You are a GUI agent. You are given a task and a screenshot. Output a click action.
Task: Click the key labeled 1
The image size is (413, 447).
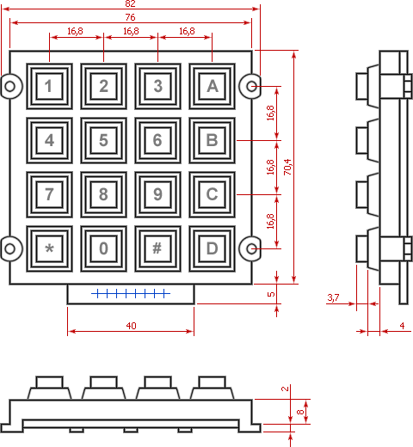49,86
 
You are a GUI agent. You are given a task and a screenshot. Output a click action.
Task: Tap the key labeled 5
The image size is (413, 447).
103,140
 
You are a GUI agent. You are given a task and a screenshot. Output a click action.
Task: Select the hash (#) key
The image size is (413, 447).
157,248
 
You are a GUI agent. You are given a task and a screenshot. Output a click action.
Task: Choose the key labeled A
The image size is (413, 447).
212,86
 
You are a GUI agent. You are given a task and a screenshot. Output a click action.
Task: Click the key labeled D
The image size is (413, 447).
212,248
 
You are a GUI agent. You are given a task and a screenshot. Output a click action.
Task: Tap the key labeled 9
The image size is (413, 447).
157,194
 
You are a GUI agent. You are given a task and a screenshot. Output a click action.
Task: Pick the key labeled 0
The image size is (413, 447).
103,248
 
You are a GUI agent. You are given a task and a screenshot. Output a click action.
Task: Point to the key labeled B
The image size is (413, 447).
212,140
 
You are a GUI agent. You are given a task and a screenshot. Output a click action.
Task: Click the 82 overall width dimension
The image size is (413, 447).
130,3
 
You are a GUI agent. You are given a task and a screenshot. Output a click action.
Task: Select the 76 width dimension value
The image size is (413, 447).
130,17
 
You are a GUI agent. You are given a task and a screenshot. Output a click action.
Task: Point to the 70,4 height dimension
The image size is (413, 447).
287,167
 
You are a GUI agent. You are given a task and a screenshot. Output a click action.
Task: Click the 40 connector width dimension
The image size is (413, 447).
131,326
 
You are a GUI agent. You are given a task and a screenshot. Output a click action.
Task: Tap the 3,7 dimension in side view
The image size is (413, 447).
333,297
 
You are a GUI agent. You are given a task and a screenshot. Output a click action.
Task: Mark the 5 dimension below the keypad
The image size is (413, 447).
271,294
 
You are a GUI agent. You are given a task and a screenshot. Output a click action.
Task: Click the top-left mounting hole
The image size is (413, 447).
10,86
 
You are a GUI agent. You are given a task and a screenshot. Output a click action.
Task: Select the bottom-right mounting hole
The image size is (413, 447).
251,248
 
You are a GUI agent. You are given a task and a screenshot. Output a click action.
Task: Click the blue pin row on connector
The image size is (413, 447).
131,293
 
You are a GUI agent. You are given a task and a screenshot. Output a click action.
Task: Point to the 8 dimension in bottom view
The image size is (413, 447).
300,412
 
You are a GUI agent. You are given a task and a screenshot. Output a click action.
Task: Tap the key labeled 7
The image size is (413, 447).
49,194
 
